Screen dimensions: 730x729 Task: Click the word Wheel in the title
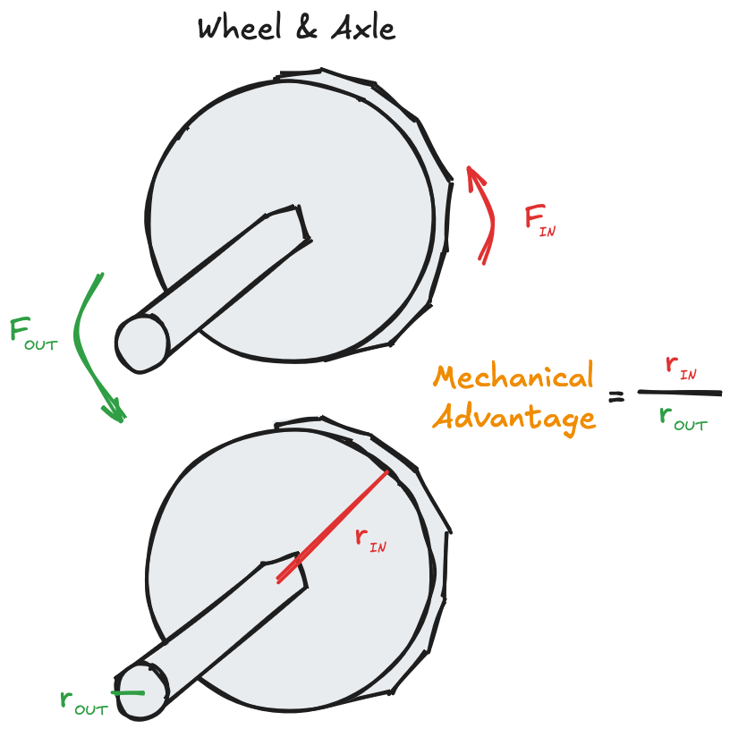(x=240, y=29)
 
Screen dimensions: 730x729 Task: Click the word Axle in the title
(x=363, y=29)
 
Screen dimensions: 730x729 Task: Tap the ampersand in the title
(x=306, y=29)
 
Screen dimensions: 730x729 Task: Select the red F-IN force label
(x=540, y=221)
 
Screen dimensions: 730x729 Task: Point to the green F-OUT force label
(x=33, y=334)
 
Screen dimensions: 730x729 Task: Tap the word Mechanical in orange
(x=514, y=377)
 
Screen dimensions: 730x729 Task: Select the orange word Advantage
(x=514, y=417)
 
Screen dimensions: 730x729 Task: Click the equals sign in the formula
(x=616, y=397)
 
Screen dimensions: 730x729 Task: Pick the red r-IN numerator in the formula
(x=681, y=368)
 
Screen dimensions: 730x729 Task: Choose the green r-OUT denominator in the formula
(x=683, y=418)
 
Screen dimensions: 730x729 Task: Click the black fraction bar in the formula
(x=680, y=393)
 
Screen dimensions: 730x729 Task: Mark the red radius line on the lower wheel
(x=333, y=527)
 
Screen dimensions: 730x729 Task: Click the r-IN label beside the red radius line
(x=370, y=540)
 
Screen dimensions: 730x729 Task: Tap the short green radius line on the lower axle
(x=128, y=693)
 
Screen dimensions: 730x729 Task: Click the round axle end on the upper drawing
(x=141, y=343)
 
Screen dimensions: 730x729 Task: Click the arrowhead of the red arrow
(x=474, y=176)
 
